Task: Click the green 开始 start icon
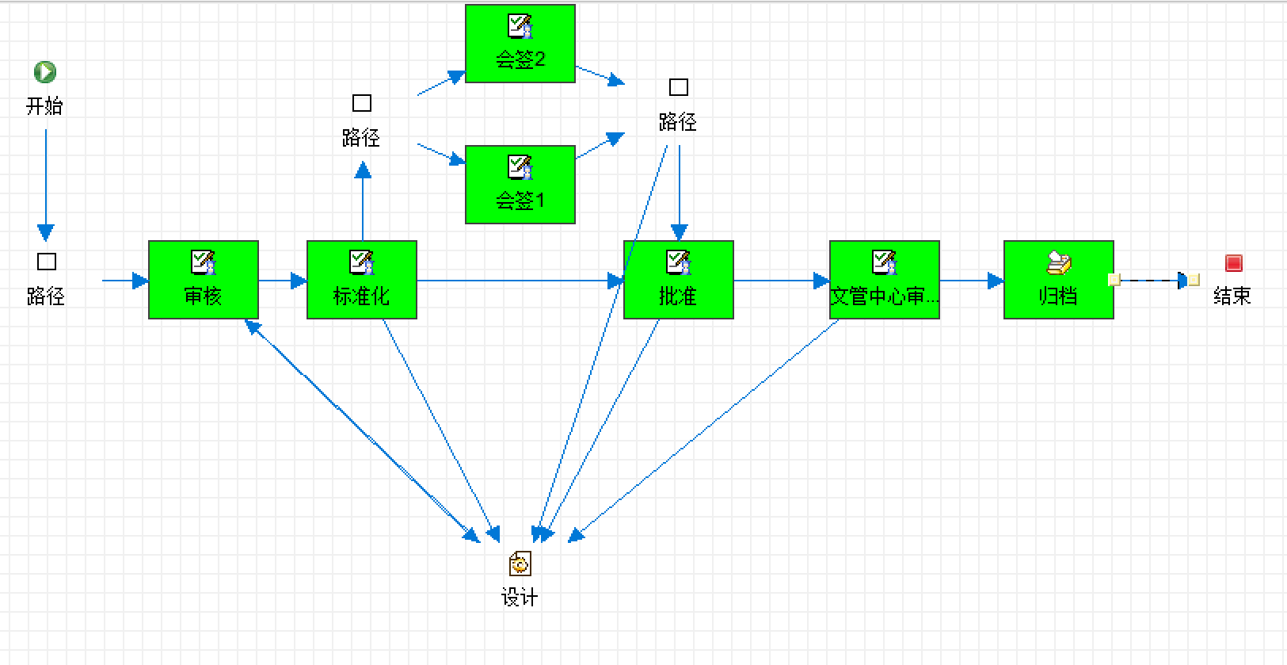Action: pos(45,72)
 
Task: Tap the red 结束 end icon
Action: pos(1233,263)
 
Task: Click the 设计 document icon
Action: pos(520,564)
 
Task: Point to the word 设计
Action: pos(520,598)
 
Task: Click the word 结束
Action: pos(1232,296)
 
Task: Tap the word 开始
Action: pos(44,106)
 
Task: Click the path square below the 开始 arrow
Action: pos(47,262)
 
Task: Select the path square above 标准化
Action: pos(362,103)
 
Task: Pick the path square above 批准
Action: pos(679,87)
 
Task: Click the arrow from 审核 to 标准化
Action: pos(283,281)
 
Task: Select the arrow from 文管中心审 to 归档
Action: pos(972,281)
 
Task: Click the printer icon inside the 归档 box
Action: pos(1059,262)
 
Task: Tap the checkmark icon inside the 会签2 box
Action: pos(520,26)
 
